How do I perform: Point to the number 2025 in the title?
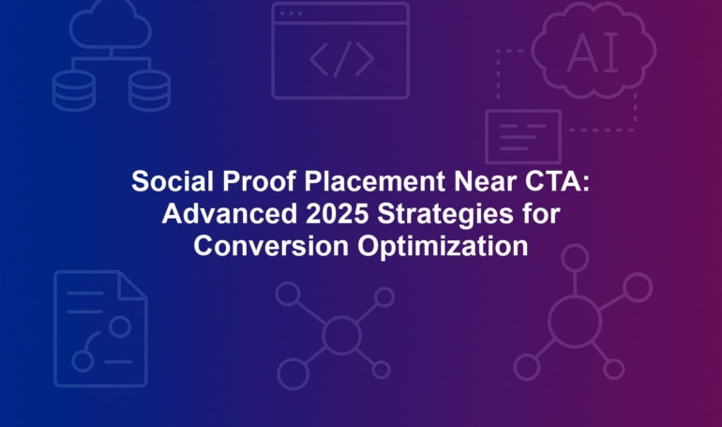pyautogui.click(x=337, y=213)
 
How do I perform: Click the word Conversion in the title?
pyautogui.click(x=271, y=246)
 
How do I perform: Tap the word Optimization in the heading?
pyautogui.click(x=443, y=248)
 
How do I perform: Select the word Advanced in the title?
pyautogui.click(x=230, y=213)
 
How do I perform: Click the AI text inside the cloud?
pyautogui.click(x=593, y=53)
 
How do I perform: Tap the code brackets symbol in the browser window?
pyautogui.click(x=341, y=59)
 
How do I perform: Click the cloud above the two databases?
pyautogui.click(x=111, y=24)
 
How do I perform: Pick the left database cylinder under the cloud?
pyautogui.click(x=74, y=90)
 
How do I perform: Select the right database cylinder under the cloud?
pyautogui.click(x=149, y=90)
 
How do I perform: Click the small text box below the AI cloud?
pyautogui.click(x=523, y=137)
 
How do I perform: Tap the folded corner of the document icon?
pyautogui.click(x=133, y=286)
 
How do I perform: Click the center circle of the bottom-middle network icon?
pyautogui.click(x=341, y=335)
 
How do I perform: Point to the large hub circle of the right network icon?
pyautogui.click(x=575, y=321)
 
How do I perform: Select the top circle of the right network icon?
pyautogui.click(x=575, y=258)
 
